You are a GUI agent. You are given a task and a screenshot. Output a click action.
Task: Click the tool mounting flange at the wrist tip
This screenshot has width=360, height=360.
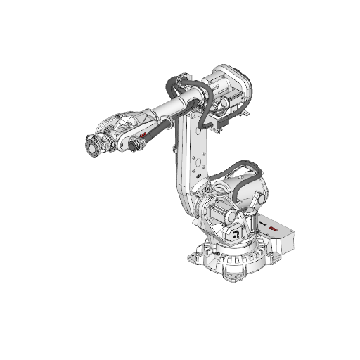pos(91,146)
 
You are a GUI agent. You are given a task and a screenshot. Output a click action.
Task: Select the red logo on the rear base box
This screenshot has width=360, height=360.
pos(272,228)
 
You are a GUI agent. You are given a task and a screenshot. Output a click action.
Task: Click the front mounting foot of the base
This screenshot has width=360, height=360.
pos(229,275)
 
